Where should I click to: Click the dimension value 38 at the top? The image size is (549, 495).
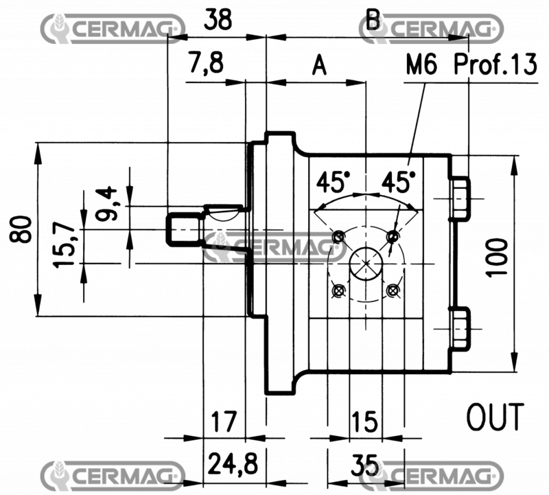(x=218, y=21)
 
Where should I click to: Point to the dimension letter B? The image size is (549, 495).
(x=373, y=19)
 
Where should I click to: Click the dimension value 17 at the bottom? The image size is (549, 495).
(x=224, y=420)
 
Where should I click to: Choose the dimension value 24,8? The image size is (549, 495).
(x=233, y=464)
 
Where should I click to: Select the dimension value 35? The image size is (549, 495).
(x=366, y=465)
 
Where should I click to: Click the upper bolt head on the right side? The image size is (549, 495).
(x=460, y=197)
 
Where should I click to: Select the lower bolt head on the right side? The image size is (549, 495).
(x=460, y=327)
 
